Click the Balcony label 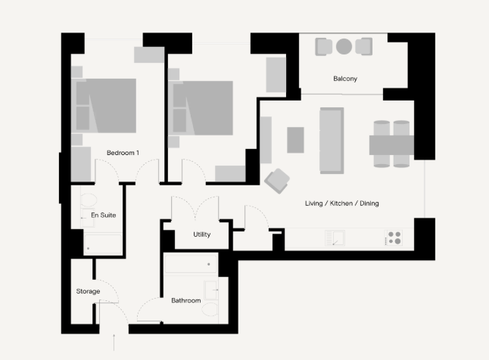tap(345, 79)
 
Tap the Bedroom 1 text tap(123, 153)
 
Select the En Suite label tap(104, 215)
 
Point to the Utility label tap(202, 234)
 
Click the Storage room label tap(89, 291)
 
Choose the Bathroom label tap(186, 300)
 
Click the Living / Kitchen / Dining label tap(342, 203)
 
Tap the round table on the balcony tap(344, 46)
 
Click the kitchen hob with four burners tap(394, 237)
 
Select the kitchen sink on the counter tap(335, 237)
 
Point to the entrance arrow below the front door tap(114, 343)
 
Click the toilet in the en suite tap(89, 200)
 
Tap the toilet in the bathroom tap(210, 309)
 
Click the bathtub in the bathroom tap(191, 264)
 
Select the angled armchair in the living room tap(277, 181)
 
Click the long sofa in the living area tap(332, 141)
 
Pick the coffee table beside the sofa tap(295, 140)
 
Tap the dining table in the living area tap(391, 145)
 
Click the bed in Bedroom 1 tap(104, 106)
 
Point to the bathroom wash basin tap(211, 290)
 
